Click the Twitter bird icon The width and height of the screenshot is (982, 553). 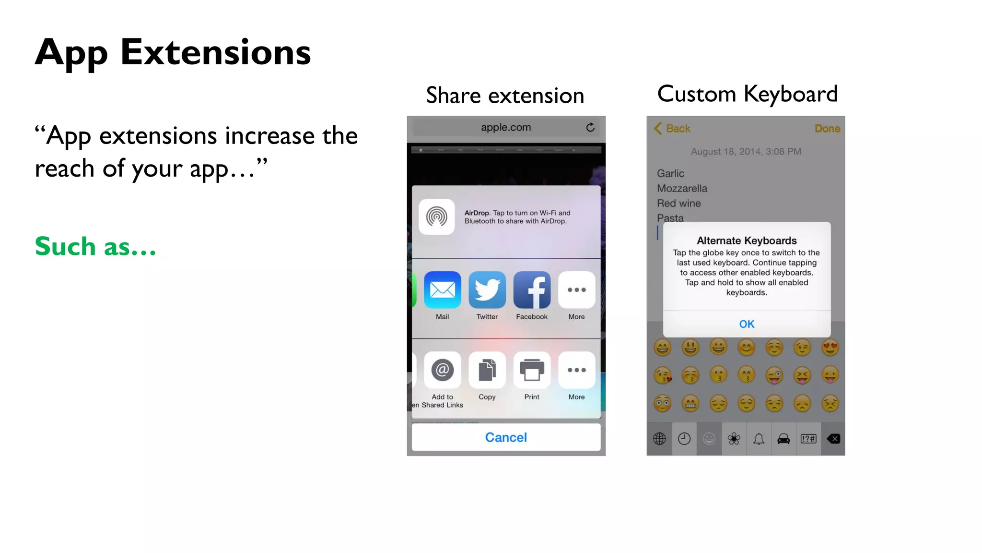[x=487, y=290]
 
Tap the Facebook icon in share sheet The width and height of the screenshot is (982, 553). [x=531, y=290]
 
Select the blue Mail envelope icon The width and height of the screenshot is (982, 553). [x=442, y=290]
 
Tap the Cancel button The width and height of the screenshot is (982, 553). [x=506, y=437]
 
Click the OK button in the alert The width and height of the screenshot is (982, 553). [x=747, y=324]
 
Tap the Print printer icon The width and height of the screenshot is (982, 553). [x=531, y=370]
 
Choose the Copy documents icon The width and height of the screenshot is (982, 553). [x=487, y=370]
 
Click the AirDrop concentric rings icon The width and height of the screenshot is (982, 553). [x=436, y=217]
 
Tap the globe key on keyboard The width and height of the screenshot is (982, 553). [x=659, y=439]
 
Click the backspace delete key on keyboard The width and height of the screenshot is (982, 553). [x=833, y=439]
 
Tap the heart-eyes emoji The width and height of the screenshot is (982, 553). [x=830, y=347]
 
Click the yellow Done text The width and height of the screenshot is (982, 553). [x=827, y=129]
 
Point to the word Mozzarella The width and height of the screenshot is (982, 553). [x=682, y=189]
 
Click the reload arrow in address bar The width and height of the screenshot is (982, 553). [x=590, y=127]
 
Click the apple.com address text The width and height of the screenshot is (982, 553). [x=506, y=128]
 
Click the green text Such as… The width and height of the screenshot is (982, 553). [x=95, y=247]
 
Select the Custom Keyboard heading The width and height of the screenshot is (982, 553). [x=747, y=94]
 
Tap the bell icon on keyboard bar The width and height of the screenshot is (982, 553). [x=759, y=439]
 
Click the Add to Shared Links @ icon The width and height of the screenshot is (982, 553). [x=442, y=370]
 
